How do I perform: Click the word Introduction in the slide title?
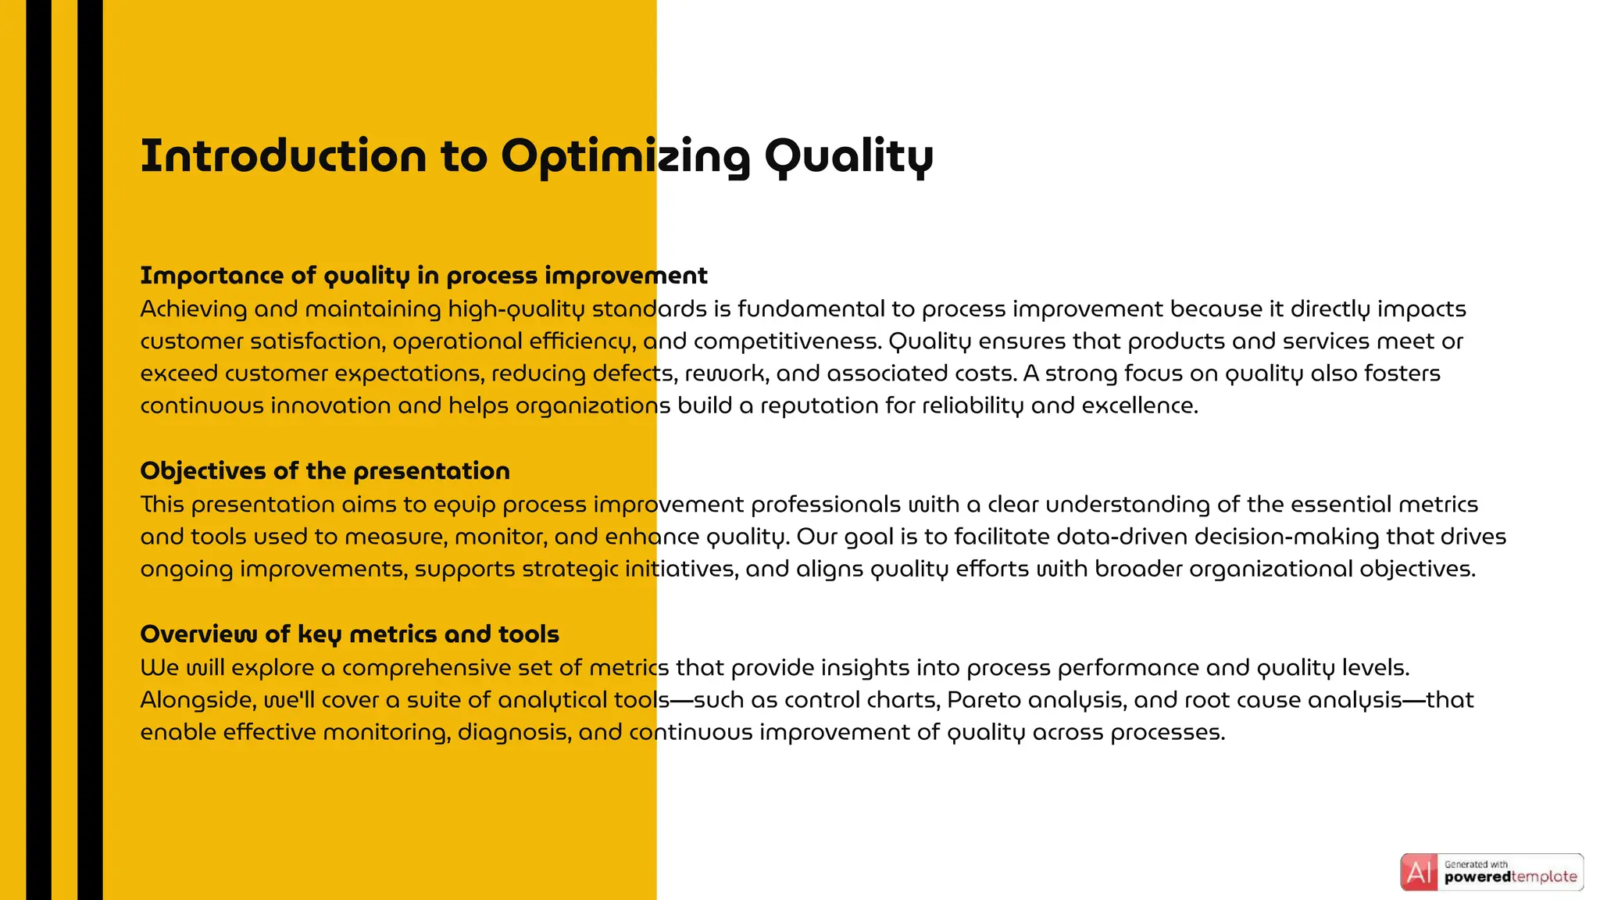(x=283, y=155)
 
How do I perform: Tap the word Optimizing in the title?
(x=625, y=157)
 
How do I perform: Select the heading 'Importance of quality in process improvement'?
(x=423, y=276)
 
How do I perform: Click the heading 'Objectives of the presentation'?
(x=325, y=471)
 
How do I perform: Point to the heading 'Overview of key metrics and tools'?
(x=349, y=634)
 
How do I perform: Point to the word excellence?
(x=1139, y=406)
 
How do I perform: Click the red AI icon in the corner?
(x=1419, y=872)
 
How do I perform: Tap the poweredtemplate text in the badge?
(x=1510, y=877)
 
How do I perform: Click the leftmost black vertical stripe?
(x=38, y=450)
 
